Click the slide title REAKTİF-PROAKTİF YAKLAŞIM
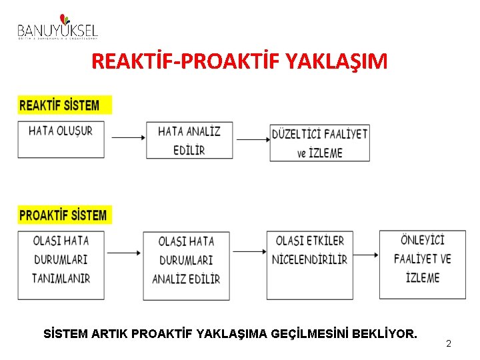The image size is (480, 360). (239, 62)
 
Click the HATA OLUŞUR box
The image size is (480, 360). (61, 139)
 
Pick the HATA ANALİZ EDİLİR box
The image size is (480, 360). (189, 140)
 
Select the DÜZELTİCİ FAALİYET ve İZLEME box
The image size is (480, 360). (319, 143)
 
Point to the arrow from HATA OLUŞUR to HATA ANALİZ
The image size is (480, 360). (129, 137)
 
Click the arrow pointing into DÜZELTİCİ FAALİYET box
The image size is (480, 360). (253, 139)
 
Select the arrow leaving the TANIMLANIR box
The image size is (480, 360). (123, 253)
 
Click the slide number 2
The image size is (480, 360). (449, 343)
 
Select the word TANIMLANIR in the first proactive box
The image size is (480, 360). (61, 278)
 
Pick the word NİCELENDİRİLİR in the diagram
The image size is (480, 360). (310, 259)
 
